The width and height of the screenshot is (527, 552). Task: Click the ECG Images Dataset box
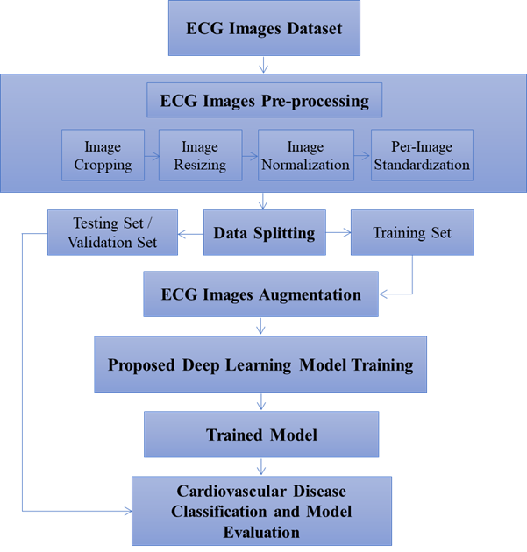tap(263, 28)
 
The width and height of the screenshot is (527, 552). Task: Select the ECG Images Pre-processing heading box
tap(264, 101)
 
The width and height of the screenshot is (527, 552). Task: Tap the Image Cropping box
tap(103, 155)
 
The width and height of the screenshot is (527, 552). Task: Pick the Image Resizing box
tap(200, 155)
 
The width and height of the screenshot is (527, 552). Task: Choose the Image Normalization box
tap(305, 155)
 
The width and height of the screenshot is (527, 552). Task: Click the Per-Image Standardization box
tap(422, 155)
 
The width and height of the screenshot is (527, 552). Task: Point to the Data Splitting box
tap(263, 233)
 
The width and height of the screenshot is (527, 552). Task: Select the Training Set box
tap(412, 233)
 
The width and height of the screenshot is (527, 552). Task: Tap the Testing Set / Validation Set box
tap(112, 232)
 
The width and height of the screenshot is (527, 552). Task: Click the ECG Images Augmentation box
tap(260, 294)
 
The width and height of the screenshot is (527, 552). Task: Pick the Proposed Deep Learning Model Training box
tap(260, 364)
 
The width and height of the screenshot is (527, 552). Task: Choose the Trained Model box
tap(261, 434)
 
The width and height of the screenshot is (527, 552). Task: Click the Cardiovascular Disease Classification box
tap(260, 510)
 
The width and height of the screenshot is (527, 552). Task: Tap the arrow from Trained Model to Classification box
tap(261, 466)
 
